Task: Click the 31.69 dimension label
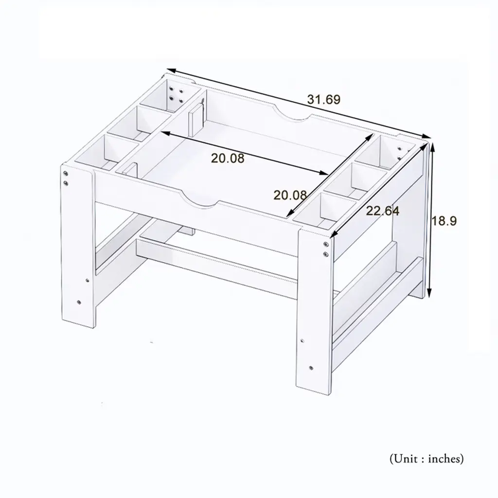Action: pos(323,99)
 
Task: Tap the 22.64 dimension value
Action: pos(383,211)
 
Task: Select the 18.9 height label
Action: pos(444,221)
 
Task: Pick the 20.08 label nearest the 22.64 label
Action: pos(290,195)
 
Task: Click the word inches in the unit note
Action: pos(446,459)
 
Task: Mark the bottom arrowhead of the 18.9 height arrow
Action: pos(429,294)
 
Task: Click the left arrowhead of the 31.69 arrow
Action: pos(170,70)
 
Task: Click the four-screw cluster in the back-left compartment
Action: pos(176,94)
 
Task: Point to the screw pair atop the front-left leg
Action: pos(66,178)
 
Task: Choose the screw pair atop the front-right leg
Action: pos(326,249)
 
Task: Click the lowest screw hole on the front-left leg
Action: pos(79,302)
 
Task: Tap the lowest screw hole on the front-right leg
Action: pos(311,368)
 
